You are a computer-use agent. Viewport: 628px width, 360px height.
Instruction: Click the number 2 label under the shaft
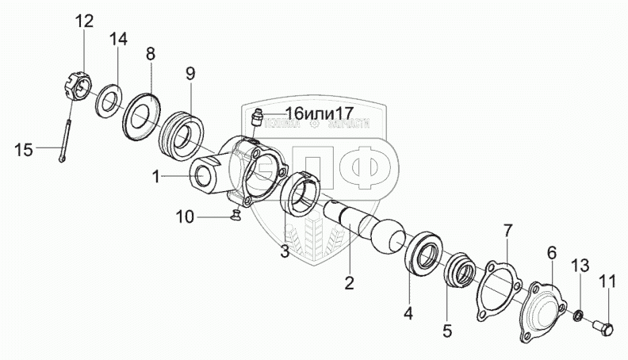pyautogui.click(x=348, y=281)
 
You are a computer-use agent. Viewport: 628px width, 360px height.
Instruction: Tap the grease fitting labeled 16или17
pyautogui.click(x=255, y=120)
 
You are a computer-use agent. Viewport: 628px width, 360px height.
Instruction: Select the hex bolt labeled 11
pyautogui.click(x=603, y=328)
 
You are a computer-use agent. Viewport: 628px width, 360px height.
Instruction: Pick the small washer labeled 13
pyautogui.click(x=578, y=317)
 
